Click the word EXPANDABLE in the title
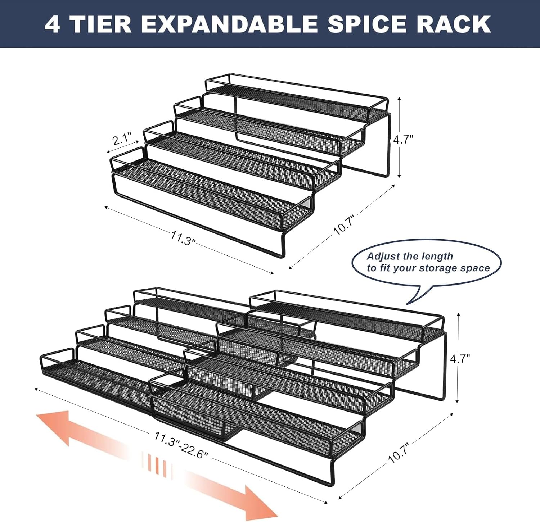point(229,24)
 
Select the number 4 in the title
point(52,24)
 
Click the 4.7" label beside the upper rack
point(403,139)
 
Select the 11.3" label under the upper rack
point(183,238)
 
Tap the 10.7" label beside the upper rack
point(345,225)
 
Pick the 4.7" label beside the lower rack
point(460,358)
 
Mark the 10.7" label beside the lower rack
point(399,453)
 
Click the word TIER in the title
point(101,24)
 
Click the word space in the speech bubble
point(476,269)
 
